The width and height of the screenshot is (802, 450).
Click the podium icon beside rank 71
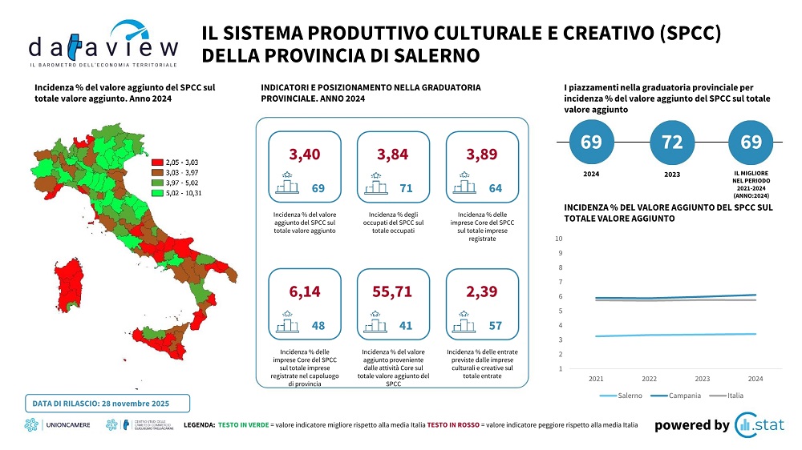click(x=375, y=185)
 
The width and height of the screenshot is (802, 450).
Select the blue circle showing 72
click(x=671, y=143)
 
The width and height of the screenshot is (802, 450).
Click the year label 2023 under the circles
click(x=671, y=174)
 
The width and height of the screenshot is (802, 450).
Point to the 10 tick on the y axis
click(x=559, y=239)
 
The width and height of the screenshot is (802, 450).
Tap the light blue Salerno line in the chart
click(x=674, y=335)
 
